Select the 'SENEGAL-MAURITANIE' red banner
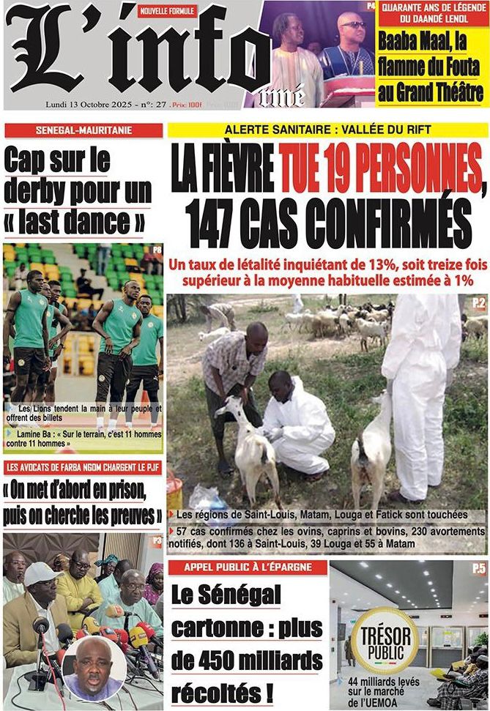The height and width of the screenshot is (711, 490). pyautogui.click(x=83, y=131)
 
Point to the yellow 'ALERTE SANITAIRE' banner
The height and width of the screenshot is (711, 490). pyautogui.click(x=328, y=130)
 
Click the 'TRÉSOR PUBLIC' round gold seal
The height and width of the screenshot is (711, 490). pyautogui.click(x=385, y=639)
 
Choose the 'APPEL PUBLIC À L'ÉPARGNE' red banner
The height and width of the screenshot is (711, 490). pyautogui.click(x=246, y=567)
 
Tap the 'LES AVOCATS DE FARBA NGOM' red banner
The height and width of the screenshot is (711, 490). pyautogui.click(x=83, y=466)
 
